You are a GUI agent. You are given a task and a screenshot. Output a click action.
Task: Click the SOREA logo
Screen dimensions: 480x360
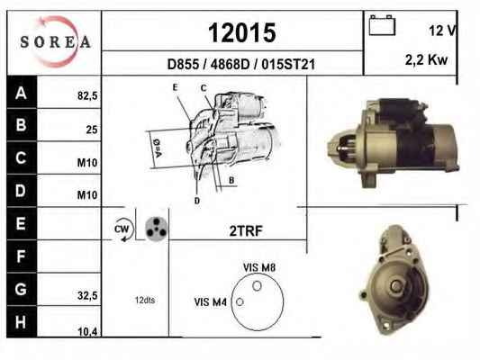pyautogui.click(x=56, y=41)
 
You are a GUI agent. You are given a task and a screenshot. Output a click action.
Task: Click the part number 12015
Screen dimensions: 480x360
pyautogui.click(x=242, y=32)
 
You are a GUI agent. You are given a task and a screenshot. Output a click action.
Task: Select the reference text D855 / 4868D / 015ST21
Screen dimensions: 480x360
pyautogui.click(x=241, y=65)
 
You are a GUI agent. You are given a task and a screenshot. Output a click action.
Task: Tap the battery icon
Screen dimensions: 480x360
pyautogui.click(x=382, y=25)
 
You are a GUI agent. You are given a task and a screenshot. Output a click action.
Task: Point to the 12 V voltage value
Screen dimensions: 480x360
pyautogui.click(x=443, y=31)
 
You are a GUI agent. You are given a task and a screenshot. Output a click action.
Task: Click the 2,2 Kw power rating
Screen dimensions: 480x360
pyautogui.click(x=426, y=59)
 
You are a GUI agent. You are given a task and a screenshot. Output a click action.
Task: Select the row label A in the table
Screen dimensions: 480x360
pyautogui.click(x=21, y=93)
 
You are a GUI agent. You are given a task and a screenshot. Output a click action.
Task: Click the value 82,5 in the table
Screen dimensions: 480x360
pyautogui.click(x=87, y=96)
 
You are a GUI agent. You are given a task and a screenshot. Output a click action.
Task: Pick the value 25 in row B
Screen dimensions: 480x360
pyautogui.click(x=92, y=130)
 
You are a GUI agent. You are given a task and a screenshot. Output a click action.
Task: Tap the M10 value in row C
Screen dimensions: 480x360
pyautogui.click(x=87, y=163)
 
